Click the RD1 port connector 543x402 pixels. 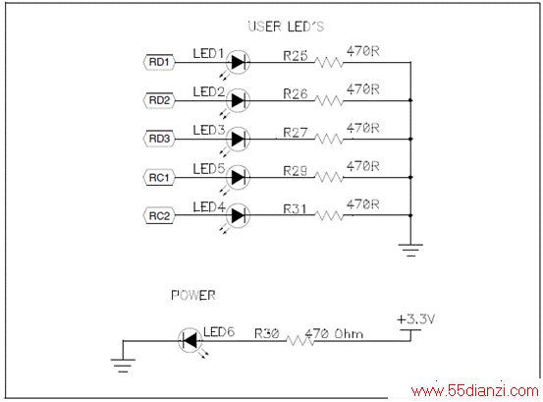[x=159, y=62]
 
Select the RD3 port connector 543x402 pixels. [x=159, y=139]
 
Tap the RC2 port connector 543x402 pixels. [x=159, y=216]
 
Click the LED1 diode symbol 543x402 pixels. [x=238, y=62]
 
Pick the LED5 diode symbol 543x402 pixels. [x=238, y=178]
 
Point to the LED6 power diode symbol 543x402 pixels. [x=190, y=340]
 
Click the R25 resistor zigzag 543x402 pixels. [x=329, y=62]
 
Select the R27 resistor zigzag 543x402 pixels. [x=329, y=139]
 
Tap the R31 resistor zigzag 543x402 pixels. [x=329, y=215]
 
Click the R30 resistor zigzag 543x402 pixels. [x=300, y=341]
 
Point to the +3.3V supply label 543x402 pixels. [x=415, y=318]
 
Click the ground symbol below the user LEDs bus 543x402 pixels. [x=410, y=250]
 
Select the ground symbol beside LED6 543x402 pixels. [x=123, y=366]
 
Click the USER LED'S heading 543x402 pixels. [x=286, y=27]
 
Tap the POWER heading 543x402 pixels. [x=193, y=295]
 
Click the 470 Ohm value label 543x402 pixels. [x=334, y=334]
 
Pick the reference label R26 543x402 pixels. [x=296, y=93]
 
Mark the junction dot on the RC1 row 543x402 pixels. [x=410, y=178]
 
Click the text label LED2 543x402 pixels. [x=209, y=91]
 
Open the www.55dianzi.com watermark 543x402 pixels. [x=475, y=391]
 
